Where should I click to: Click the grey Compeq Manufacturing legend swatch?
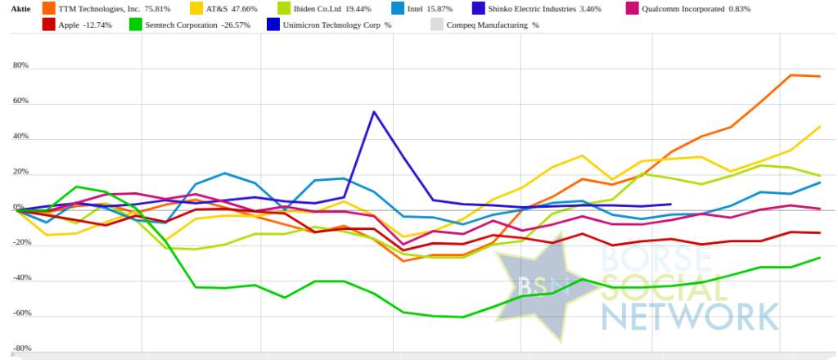pos(436,25)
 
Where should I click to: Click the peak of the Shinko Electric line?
pos(374,111)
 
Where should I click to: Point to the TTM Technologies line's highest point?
pos(791,75)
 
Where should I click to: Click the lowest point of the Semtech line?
pos(463,317)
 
